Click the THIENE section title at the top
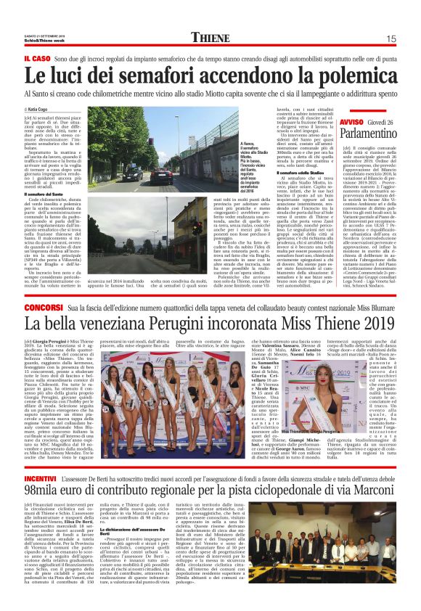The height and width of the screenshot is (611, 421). pos(210,38)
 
